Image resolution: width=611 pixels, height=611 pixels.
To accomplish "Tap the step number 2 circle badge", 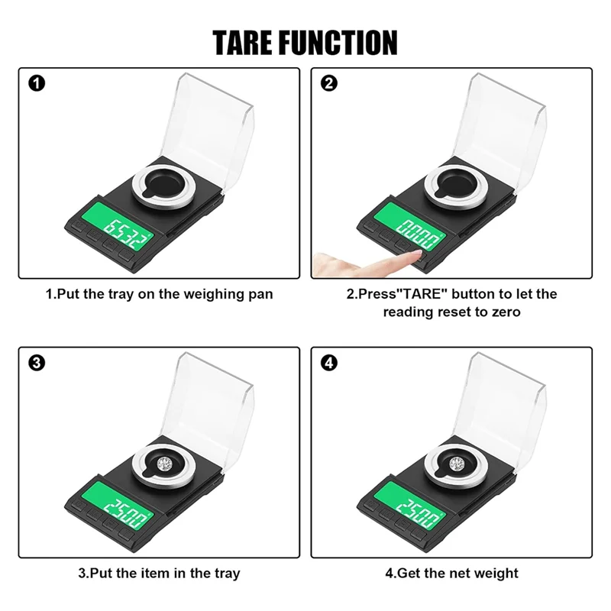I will tap(329, 82).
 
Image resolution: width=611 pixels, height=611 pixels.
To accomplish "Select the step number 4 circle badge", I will tap(329, 363).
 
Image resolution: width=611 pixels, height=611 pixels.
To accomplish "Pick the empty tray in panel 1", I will tap(163, 183).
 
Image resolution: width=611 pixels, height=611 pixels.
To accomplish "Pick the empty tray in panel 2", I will tap(456, 183).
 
